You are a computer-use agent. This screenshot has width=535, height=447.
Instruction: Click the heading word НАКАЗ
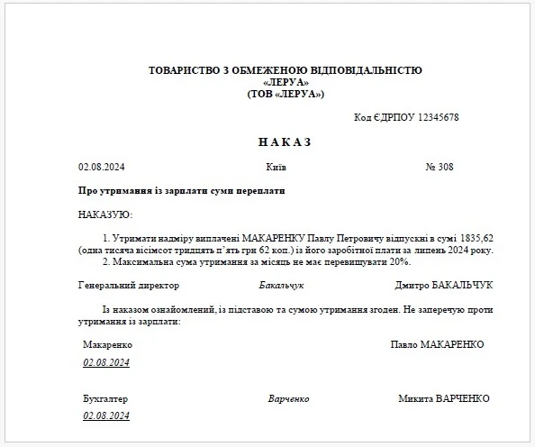point(284,142)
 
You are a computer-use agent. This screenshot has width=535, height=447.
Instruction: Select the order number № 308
point(439,168)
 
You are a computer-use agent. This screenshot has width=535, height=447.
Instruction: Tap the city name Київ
point(277,168)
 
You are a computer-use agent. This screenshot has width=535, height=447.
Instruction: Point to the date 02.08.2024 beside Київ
point(103,168)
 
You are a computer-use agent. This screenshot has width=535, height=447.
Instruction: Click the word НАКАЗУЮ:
point(105,214)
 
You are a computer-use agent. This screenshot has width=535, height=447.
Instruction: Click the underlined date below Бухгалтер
point(107,415)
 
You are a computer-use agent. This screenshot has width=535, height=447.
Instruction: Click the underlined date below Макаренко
point(107,362)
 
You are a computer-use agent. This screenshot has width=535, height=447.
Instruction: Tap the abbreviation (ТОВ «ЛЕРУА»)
point(285,94)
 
